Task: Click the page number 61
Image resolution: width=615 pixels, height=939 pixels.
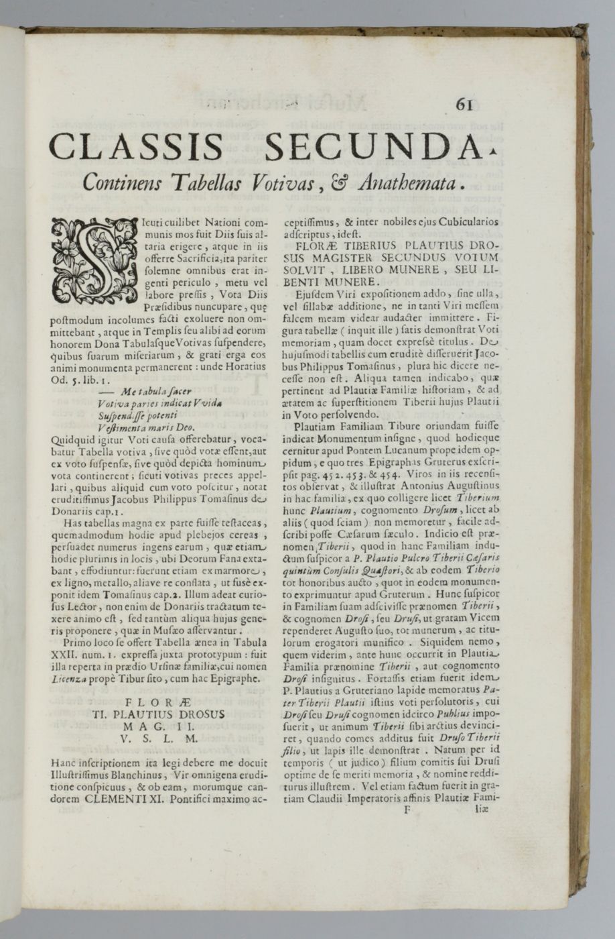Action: point(464,105)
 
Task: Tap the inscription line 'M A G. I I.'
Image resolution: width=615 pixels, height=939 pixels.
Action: point(158,726)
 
